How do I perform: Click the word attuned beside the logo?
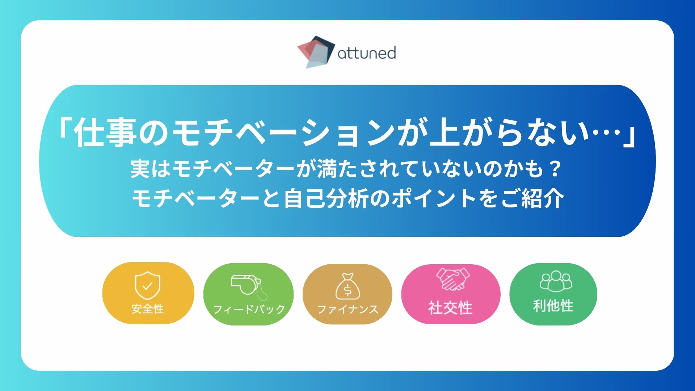[x=367, y=53]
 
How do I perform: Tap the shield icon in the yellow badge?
[x=147, y=285]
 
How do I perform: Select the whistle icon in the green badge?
[x=249, y=287]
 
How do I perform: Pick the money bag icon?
[x=347, y=287]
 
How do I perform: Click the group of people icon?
[x=556, y=281]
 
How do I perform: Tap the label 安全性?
[x=147, y=309]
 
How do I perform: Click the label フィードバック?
[x=249, y=309]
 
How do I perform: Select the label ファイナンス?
[x=347, y=309]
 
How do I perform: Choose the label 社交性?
[x=451, y=308]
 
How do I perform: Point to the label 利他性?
[x=553, y=306]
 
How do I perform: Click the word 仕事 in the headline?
[x=105, y=132]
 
